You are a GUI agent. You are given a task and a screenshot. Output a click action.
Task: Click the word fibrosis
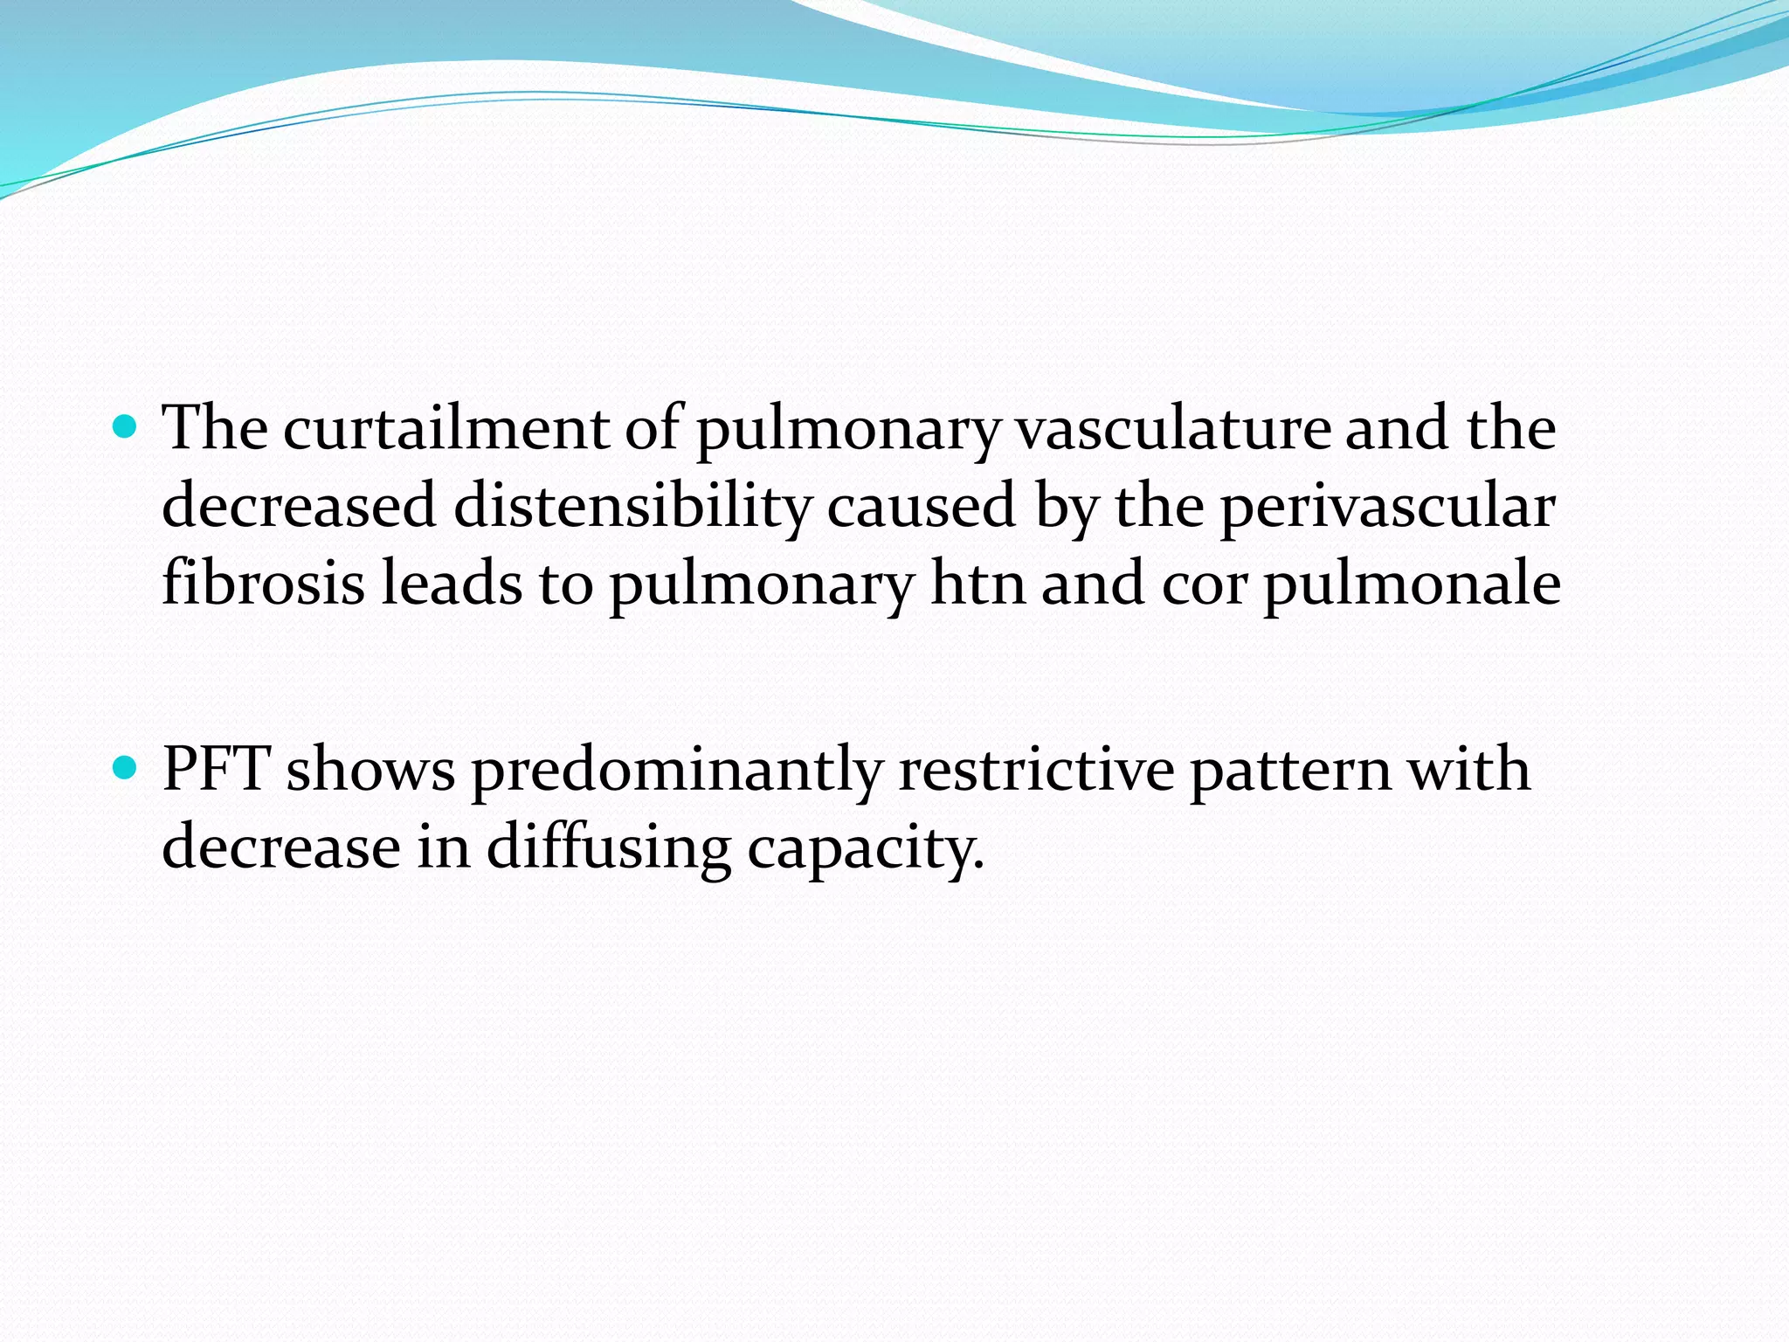[x=263, y=583]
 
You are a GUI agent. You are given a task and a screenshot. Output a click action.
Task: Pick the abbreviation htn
[x=977, y=583]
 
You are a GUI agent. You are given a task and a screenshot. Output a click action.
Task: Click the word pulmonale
[x=1412, y=585]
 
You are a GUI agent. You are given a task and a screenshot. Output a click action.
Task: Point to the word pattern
[x=1290, y=771]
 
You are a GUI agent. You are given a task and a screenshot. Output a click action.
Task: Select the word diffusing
[x=608, y=848]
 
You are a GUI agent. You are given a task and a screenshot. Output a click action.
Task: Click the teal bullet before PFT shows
[x=127, y=768]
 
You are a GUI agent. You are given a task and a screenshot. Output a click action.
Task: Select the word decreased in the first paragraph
[x=299, y=506]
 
